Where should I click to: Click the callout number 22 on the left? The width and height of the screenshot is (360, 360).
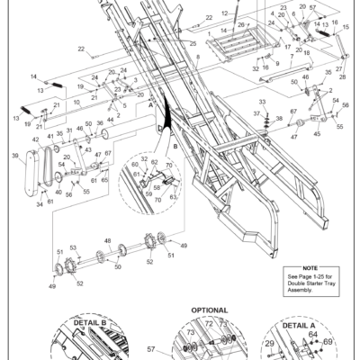pos(80,49)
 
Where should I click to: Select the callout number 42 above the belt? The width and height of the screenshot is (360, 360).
pos(36,139)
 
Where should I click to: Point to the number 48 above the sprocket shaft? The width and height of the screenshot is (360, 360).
pos(107,240)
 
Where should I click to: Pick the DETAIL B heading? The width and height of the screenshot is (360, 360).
pos(85,321)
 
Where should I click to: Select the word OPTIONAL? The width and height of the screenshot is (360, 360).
pos(210,310)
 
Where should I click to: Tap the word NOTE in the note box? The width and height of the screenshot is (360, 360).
pos(310,267)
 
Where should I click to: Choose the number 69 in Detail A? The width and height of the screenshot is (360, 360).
pos(327,343)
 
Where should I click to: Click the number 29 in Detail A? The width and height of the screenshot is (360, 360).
pos(267,344)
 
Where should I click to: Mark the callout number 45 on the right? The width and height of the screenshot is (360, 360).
pos(315,134)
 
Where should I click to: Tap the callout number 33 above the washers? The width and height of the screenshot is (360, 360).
pos(263,104)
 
